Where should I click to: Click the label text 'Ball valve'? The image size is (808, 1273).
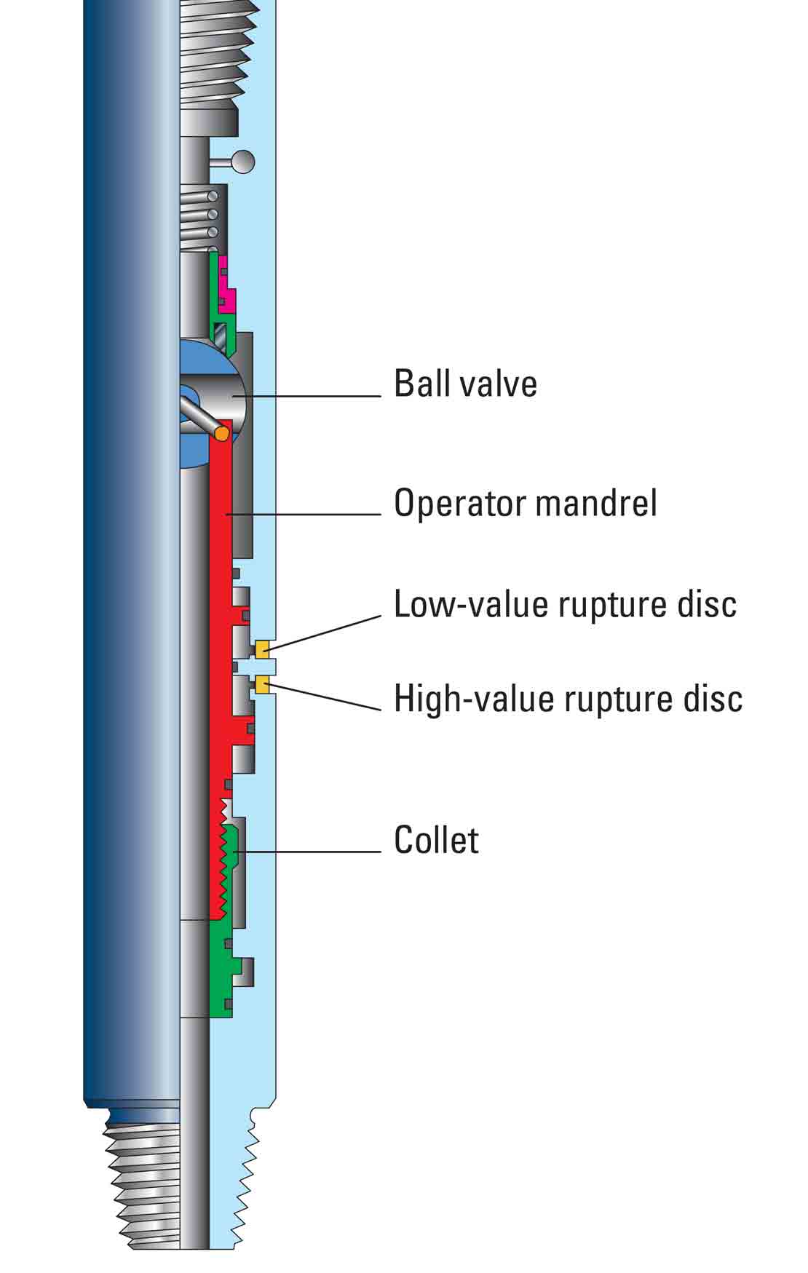coord(465,384)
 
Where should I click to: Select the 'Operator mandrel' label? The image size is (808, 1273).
coord(525,503)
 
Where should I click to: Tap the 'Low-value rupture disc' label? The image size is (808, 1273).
coord(565,604)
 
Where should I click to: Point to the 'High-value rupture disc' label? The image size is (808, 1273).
coord(568,699)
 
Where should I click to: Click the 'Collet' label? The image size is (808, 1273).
coord(436,840)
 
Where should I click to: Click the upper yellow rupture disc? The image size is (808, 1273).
coord(263,647)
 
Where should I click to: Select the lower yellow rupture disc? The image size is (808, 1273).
coord(263,683)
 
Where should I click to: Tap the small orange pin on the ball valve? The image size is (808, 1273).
coord(221,432)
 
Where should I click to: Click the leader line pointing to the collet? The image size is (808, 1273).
coord(313,851)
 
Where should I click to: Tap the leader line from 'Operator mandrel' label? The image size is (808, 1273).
coord(306,515)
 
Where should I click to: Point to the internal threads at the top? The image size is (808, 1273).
coord(218,51)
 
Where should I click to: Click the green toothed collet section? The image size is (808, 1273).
coord(231,859)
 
